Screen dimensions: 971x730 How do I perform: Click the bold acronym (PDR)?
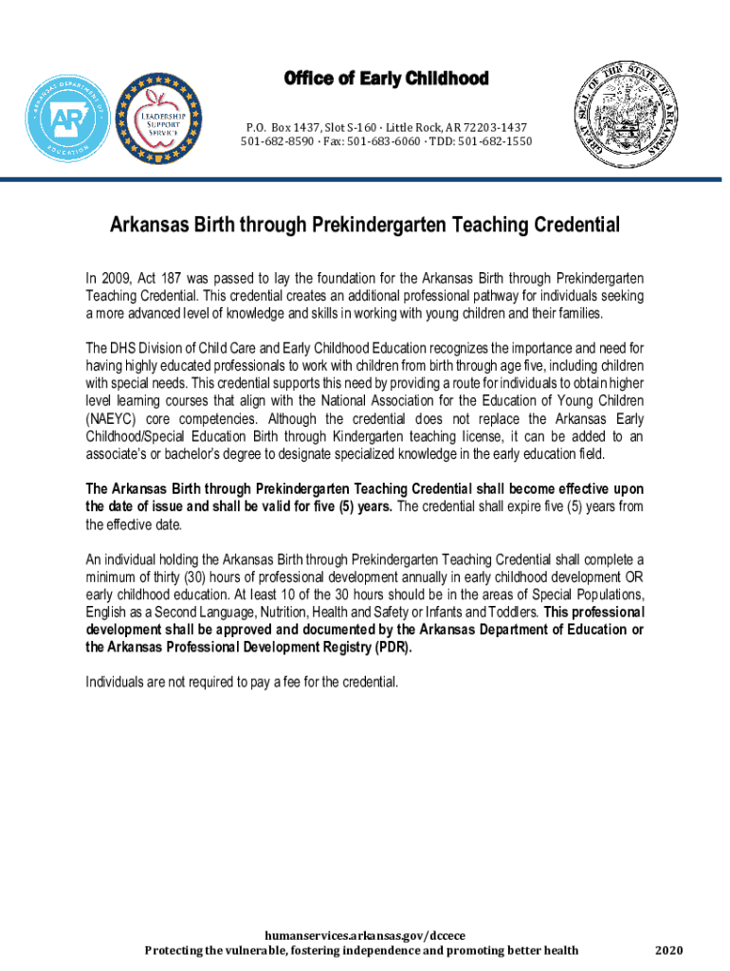(392, 647)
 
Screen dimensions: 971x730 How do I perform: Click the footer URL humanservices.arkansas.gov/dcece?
(364, 935)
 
